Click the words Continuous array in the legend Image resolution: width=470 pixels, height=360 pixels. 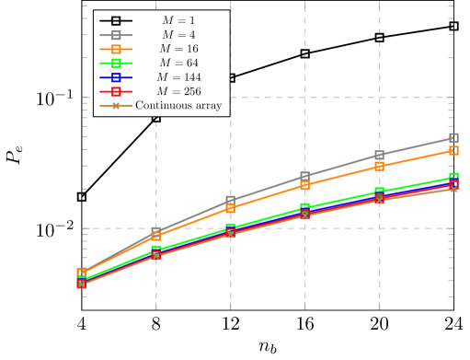coord(178,105)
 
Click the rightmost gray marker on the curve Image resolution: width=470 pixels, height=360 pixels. coord(453,138)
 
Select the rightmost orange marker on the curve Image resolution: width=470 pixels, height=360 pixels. coord(453,149)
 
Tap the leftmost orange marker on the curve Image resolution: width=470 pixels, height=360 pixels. coord(82,273)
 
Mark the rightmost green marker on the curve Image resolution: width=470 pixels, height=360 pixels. coord(453,177)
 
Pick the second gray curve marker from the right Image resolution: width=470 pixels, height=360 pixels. coord(379,155)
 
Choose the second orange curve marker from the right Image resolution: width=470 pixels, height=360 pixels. coord(379,167)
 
